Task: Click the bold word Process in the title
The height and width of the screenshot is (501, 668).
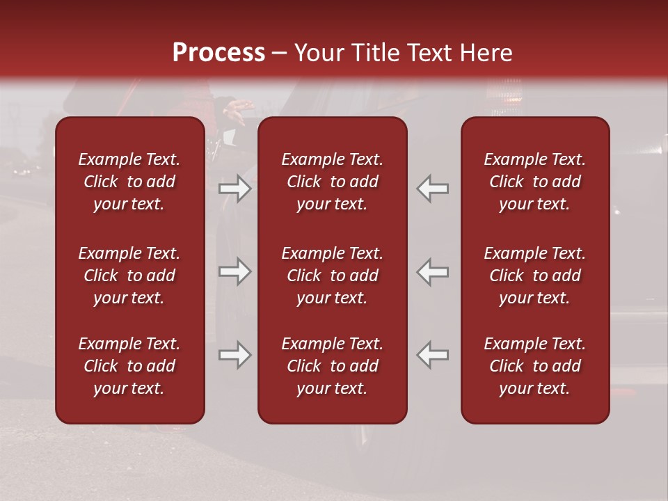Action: pos(218,53)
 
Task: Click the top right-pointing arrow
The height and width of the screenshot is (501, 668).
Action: pos(234,189)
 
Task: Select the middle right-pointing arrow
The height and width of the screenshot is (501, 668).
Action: pos(234,271)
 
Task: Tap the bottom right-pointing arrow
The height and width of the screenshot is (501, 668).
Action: pos(234,355)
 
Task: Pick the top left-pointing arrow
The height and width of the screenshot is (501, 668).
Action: pos(433,189)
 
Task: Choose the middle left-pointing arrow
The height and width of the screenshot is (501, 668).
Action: pos(433,271)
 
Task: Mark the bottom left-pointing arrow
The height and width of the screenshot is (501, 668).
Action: pos(433,355)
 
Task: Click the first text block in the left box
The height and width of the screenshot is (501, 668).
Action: pos(129,182)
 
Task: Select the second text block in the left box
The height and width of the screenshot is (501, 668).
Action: pos(129,276)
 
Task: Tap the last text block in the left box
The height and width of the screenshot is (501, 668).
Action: pos(129,366)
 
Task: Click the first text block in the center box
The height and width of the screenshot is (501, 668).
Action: pos(332,182)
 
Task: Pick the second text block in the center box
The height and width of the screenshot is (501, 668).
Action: pos(332,276)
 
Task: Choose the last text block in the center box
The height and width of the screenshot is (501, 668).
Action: pos(332,366)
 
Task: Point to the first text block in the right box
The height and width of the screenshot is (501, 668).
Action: pos(534,182)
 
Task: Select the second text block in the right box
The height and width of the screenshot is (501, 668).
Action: pos(534,276)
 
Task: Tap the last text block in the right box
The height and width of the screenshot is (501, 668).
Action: pos(534,366)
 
